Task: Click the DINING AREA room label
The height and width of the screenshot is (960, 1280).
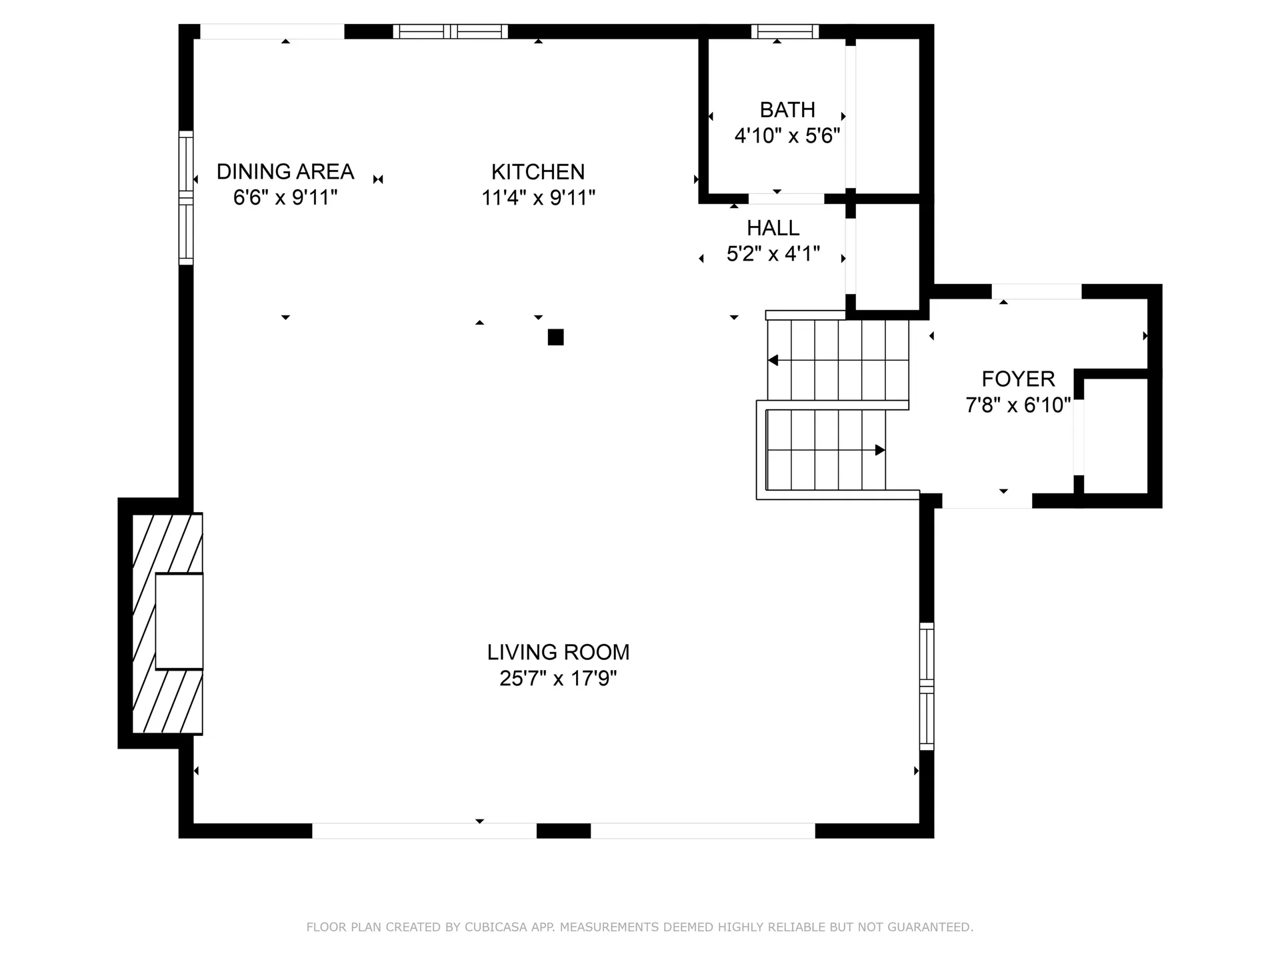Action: tap(285, 172)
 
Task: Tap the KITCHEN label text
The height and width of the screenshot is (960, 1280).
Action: tap(538, 172)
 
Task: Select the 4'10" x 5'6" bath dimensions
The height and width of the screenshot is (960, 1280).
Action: tap(787, 136)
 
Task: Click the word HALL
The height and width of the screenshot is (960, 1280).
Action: tap(773, 228)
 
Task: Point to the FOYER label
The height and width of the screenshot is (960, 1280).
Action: tap(1018, 379)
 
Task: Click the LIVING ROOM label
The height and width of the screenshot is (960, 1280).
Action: tap(558, 652)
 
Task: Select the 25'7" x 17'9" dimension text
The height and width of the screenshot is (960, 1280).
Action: tap(558, 679)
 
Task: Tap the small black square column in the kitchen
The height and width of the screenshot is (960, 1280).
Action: tap(555, 337)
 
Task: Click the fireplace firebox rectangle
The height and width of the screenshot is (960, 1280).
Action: tap(179, 621)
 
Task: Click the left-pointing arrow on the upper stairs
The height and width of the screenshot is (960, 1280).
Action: tap(773, 360)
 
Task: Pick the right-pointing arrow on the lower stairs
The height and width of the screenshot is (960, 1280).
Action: tap(879, 450)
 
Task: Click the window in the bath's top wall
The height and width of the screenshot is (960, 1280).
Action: tap(785, 31)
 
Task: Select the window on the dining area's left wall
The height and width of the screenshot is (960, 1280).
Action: tap(186, 197)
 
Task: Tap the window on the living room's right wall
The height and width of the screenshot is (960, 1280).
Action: tap(926, 686)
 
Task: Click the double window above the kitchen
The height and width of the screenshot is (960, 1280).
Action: tap(450, 31)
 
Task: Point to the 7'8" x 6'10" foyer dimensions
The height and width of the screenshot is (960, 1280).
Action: tap(1018, 405)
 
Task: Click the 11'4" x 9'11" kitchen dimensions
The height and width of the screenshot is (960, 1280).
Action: tap(538, 198)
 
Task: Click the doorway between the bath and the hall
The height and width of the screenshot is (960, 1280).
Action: tap(786, 199)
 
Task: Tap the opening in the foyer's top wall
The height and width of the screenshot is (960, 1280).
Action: tap(1036, 291)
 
